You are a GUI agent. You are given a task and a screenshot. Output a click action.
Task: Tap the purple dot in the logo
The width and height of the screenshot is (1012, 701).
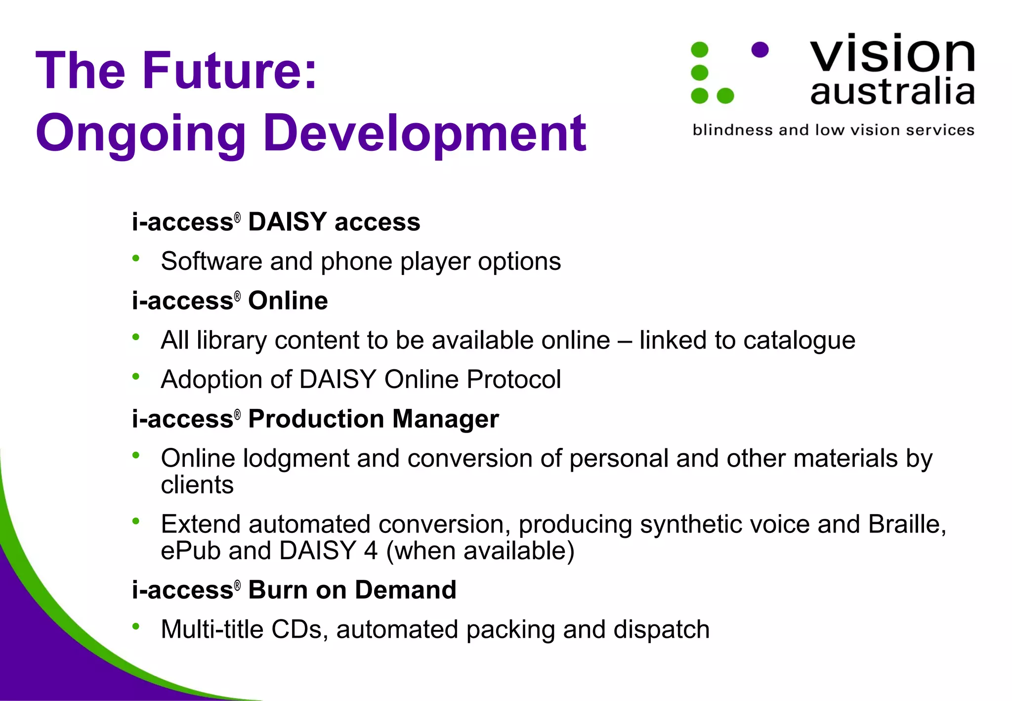(x=759, y=49)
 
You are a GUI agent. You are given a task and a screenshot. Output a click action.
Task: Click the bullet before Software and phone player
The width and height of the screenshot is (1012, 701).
(x=136, y=258)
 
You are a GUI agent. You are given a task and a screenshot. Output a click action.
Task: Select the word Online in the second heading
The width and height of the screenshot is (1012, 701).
(x=288, y=301)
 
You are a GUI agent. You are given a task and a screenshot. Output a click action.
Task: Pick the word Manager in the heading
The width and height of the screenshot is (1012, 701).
(x=445, y=419)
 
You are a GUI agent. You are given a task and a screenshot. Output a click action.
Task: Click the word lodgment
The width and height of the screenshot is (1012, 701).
(x=296, y=458)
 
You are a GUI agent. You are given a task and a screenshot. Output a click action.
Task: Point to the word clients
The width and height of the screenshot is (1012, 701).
(x=197, y=484)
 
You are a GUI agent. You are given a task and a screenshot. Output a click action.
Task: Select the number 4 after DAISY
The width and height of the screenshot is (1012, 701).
(x=371, y=551)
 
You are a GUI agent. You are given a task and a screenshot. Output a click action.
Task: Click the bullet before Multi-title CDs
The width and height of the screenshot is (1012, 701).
(x=136, y=626)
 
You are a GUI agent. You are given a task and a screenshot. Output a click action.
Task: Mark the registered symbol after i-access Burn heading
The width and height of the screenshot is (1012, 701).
(x=237, y=585)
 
